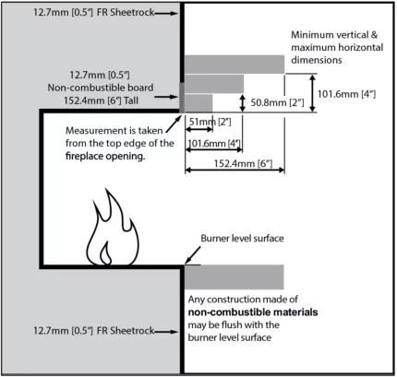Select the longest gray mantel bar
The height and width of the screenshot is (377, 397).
[x=235, y=63]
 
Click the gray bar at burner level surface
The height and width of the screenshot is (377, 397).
[x=235, y=276]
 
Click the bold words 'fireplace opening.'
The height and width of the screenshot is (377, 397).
[x=105, y=158]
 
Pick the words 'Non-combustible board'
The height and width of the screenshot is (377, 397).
[x=102, y=87]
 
